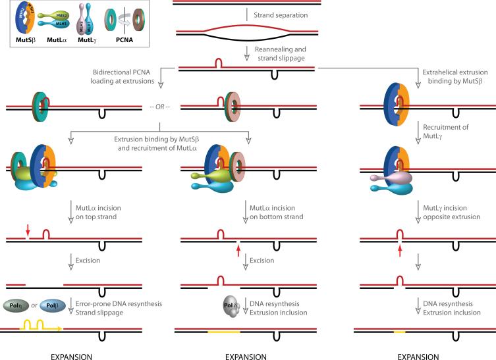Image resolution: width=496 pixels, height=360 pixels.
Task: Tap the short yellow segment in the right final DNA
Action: point(399,332)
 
